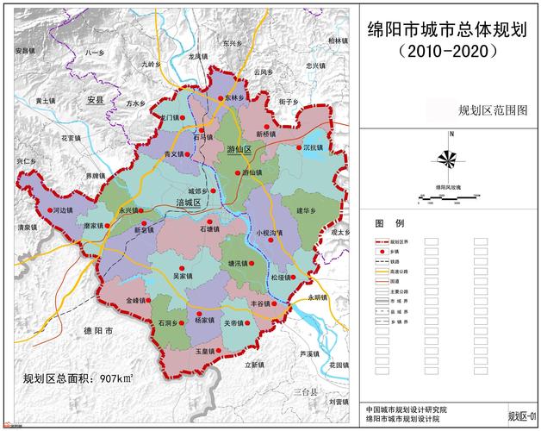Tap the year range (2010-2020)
[x=447, y=51]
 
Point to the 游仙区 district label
[x=239, y=150]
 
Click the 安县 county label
[x=95, y=101]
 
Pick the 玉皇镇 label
[x=204, y=352]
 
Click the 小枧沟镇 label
[x=270, y=233]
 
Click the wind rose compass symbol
[x=448, y=157]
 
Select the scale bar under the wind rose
[x=447, y=199]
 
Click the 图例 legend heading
[x=383, y=222]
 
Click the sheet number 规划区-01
[x=522, y=416]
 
